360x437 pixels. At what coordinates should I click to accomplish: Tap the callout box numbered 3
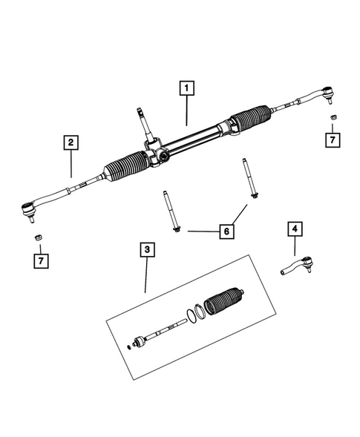click(x=148, y=251)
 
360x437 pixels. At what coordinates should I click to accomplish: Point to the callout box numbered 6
click(x=226, y=232)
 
